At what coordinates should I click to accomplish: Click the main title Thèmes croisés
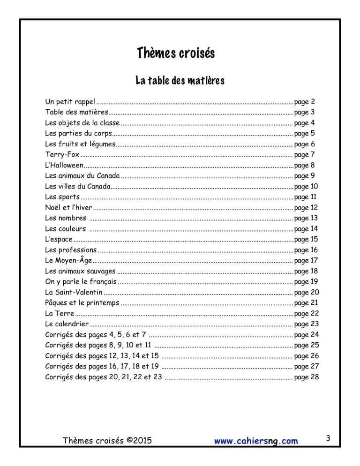(176, 53)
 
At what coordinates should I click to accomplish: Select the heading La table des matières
(180, 81)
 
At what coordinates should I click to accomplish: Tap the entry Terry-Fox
(62, 155)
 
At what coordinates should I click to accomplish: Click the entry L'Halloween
(65, 165)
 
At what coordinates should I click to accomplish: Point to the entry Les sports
(62, 197)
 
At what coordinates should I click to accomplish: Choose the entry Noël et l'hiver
(68, 208)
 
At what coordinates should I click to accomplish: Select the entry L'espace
(59, 240)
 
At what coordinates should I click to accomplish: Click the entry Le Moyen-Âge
(68, 261)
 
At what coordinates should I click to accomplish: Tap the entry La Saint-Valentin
(74, 293)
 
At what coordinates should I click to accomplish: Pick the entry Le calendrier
(67, 324)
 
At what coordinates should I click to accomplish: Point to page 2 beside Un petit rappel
(305, 102)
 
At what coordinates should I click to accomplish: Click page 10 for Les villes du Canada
(307, 187)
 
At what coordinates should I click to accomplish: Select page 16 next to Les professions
(306, 250)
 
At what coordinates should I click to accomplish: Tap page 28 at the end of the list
(307, 377)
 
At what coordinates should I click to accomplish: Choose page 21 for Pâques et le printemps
(307, 303)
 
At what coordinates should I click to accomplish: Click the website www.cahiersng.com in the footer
(256, 441)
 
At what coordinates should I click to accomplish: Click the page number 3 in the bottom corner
(328, 439)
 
